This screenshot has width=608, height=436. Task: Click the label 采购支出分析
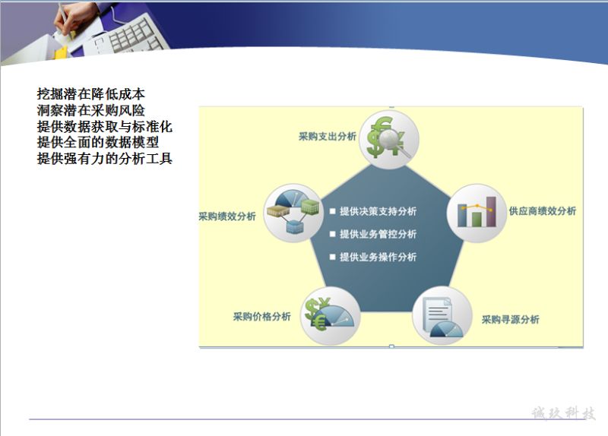pos(328,137)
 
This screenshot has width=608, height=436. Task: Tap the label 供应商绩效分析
pos(543,211)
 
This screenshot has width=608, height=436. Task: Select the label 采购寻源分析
pos(510,319)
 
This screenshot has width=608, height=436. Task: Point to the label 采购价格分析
pos(261,317)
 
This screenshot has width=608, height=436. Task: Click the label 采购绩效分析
pos(227,216)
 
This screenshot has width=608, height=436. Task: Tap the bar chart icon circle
pos(477,213)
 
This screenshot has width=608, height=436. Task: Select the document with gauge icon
pos(442,316)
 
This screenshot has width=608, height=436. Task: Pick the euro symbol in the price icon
pos(320,321)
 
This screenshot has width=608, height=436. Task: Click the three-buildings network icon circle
pos(293,213)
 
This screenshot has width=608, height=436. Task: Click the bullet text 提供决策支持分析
pos(378,211)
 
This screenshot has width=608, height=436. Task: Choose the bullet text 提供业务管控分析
pos(378,234)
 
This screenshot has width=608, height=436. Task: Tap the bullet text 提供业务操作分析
pos(378,257)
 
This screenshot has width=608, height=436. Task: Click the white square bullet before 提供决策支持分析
pos(332,211)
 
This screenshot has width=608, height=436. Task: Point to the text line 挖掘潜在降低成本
pos(91,93)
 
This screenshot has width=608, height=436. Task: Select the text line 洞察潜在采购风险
pos(91,110)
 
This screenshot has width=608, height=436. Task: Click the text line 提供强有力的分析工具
pos(105,159)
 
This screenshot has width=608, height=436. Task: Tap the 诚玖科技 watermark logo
pos(563,413)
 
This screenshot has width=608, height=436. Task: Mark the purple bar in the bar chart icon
pos(491,212)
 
